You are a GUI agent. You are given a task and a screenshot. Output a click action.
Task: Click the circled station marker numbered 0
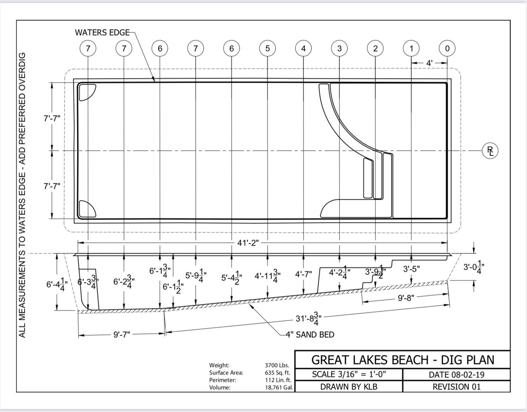(447, 48)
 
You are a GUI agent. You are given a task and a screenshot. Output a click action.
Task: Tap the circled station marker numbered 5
(268, 48)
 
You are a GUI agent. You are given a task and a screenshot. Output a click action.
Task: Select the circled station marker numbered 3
(339, 48)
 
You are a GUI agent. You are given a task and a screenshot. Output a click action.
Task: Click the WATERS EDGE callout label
(102, 32)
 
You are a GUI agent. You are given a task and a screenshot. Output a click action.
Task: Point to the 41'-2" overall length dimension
(248, 243)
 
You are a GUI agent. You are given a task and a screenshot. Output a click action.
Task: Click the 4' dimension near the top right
(429, 63)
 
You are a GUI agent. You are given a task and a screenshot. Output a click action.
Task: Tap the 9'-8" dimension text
(406, 298)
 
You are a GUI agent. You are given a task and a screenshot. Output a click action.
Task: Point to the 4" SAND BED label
(310, 335)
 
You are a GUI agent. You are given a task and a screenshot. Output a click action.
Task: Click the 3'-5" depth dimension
(411, 269)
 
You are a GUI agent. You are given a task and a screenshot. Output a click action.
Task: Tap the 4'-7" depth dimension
(304, 274)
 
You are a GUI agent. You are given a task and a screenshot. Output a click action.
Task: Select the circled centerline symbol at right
(490, 151)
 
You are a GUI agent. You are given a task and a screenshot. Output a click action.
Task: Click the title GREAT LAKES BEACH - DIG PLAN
(403, 360)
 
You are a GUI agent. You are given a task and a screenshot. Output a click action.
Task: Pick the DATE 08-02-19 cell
(456, 375)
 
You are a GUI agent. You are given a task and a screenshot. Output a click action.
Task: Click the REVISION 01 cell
(456, 387)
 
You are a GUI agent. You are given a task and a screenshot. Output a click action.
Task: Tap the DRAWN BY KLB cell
(349, 387)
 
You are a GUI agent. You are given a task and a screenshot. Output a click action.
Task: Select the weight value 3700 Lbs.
(277, 365)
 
